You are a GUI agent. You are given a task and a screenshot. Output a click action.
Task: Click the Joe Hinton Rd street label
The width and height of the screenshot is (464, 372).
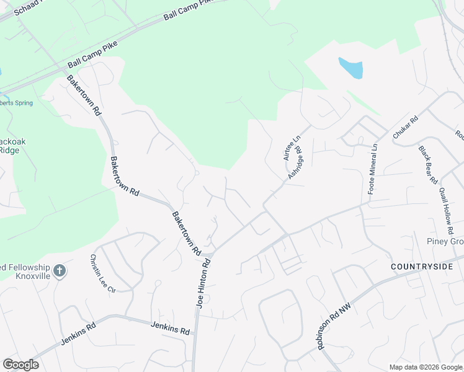[x=203, y=283]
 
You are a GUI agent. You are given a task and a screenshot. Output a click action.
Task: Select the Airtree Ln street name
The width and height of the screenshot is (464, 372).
[x=288, y=149]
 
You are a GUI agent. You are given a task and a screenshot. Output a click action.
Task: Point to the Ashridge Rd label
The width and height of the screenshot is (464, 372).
[x=295, y=163]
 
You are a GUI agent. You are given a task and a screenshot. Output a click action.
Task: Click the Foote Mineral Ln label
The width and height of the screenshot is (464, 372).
[x=373, y=170]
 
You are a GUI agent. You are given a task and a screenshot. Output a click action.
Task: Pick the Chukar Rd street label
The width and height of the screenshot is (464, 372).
[x=406, y=126]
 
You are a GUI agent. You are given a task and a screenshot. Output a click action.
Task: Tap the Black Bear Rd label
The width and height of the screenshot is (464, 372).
[x=427, y=165]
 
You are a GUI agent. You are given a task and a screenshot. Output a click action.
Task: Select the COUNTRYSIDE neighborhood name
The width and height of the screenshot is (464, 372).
[x=419, y=266]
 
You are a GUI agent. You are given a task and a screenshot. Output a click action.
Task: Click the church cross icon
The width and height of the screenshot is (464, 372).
[x=59, y=271]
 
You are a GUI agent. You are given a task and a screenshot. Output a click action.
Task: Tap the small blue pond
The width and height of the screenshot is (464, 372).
[x=350, y=67]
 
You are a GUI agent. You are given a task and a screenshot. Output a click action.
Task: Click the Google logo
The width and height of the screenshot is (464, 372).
[x=20, y=365]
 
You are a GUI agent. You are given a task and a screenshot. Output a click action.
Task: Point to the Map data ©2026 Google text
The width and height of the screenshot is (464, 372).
[x=426, y=367]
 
